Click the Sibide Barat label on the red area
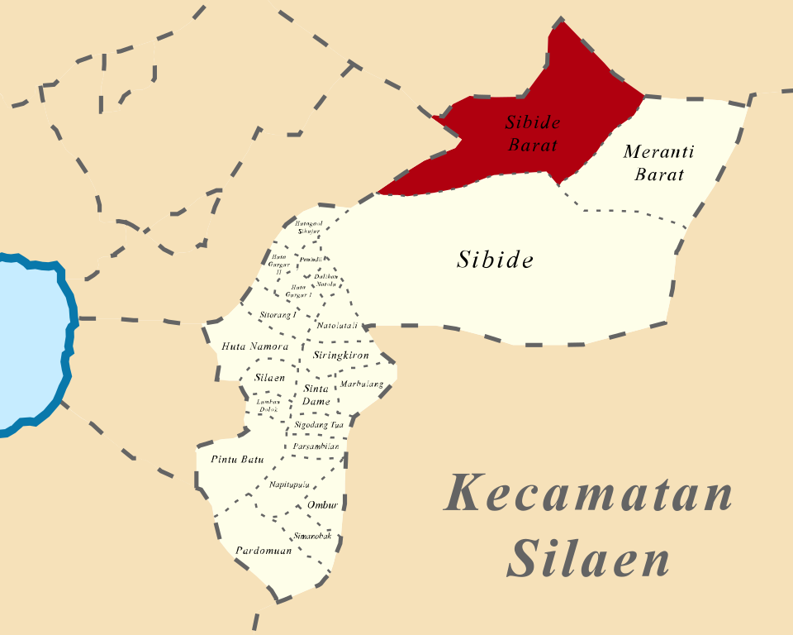[x=533, y=134]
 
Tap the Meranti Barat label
[x=658, y=163]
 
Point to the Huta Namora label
[x=256, y=346]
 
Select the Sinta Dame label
[x=316, y=395]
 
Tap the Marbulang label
[x=362, y=384]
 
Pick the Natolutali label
[x=337, y=326]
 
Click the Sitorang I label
[x=278, y=315]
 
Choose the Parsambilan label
[x=316, y=446]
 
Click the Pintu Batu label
[x=237, y=459]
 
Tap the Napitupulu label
[x=289, y=485]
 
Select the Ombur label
[x=322, y=505]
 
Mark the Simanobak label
[x=312, y=537]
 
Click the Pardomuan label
[x=264, y=551]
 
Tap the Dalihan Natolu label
[x=325, y=279]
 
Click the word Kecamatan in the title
[x=588, y=494]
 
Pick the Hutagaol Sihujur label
[x=309, y=227]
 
